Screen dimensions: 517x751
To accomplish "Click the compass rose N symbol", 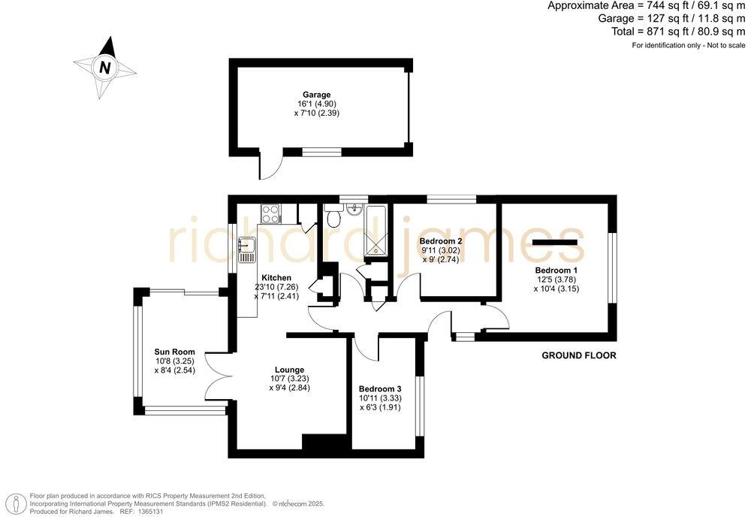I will click(105, 67).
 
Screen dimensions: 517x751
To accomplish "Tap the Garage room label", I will click(316, 95).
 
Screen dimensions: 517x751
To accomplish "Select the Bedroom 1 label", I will click(556, 270).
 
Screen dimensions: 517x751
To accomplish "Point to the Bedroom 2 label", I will click(440, 241).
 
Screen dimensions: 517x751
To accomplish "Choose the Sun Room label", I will click(174, 352).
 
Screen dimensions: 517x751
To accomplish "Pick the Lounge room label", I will click(289, 370).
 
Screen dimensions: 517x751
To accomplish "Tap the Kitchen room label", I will click(276, 277).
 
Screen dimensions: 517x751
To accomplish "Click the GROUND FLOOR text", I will click(579, 355).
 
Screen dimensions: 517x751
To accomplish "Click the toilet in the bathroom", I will click(334, 218).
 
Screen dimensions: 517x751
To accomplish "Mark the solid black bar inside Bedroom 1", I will click(556, 241).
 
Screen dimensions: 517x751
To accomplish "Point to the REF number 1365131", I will click(155, 511).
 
